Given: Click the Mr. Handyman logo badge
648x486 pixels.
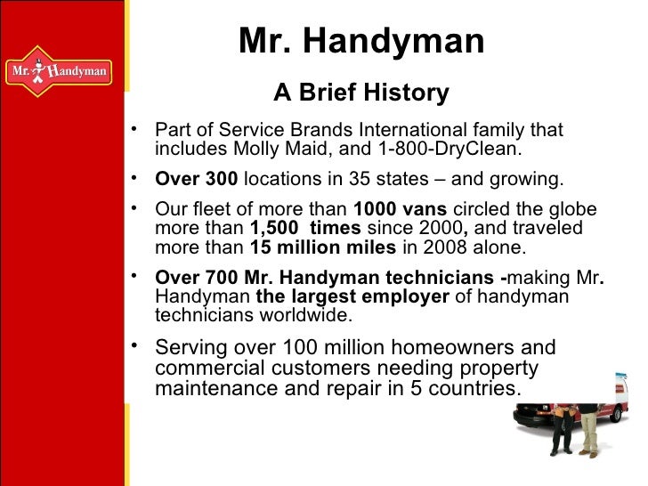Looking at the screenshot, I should [59, 70].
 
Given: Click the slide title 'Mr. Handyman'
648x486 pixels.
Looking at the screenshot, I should [361, 41].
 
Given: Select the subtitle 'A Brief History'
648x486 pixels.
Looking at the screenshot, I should [360, 93].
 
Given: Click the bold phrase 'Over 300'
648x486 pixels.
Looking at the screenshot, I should [196, 179].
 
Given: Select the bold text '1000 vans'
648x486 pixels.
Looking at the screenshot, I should [401, 210].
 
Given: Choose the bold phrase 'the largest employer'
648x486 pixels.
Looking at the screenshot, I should [352, 297].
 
